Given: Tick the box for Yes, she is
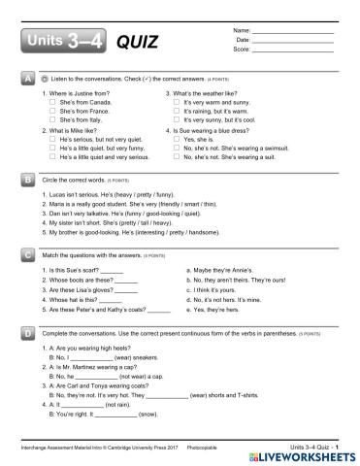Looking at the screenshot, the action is [177, 140].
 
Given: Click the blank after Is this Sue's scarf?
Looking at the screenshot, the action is [112, 268].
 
